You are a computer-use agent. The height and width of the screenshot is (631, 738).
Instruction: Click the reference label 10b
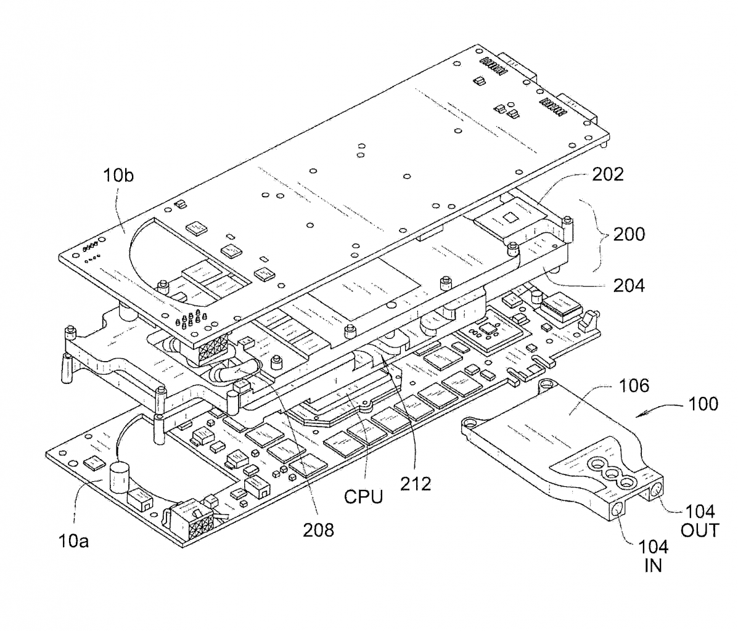pyautogui.click(x=118, y=176)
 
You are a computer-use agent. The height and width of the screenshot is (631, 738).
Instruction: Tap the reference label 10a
pyautogui.click(x=73, y=541)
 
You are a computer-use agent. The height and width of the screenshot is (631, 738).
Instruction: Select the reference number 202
pyautogui.click(x=608, y=174)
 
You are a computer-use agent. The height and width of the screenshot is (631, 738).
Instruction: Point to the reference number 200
pyautogui.click(x=629, y=234)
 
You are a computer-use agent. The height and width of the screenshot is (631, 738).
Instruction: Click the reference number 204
pyautogui.click(x=629, y=285)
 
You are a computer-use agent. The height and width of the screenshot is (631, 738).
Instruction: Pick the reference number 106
pyautogui.click(x=634, y=386)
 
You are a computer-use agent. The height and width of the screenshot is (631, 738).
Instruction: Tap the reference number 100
pyautogui.click(x=703, y=404)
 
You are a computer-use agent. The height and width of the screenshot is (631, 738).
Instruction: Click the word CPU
pyautogui.click(x=363, y=497)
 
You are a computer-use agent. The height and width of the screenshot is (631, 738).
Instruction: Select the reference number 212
pyautogui.click(x=416, y=484)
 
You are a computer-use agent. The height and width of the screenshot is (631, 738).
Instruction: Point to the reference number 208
pyautogui.click(x=318, y=530)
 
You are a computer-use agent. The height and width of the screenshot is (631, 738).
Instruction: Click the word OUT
pyautogui.click(x=700, y=531)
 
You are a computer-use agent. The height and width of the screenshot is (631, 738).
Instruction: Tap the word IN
pyautogui.click(x=654, y=566)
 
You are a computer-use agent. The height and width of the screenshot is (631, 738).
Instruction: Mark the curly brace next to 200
pyautogui.click(x=596, y=235)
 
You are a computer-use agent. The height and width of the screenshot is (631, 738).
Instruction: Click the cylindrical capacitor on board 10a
pyautogui.click(x=119, y=478)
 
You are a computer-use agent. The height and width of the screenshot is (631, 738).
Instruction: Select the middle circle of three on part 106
pyautogui.click(x=612, y=473)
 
